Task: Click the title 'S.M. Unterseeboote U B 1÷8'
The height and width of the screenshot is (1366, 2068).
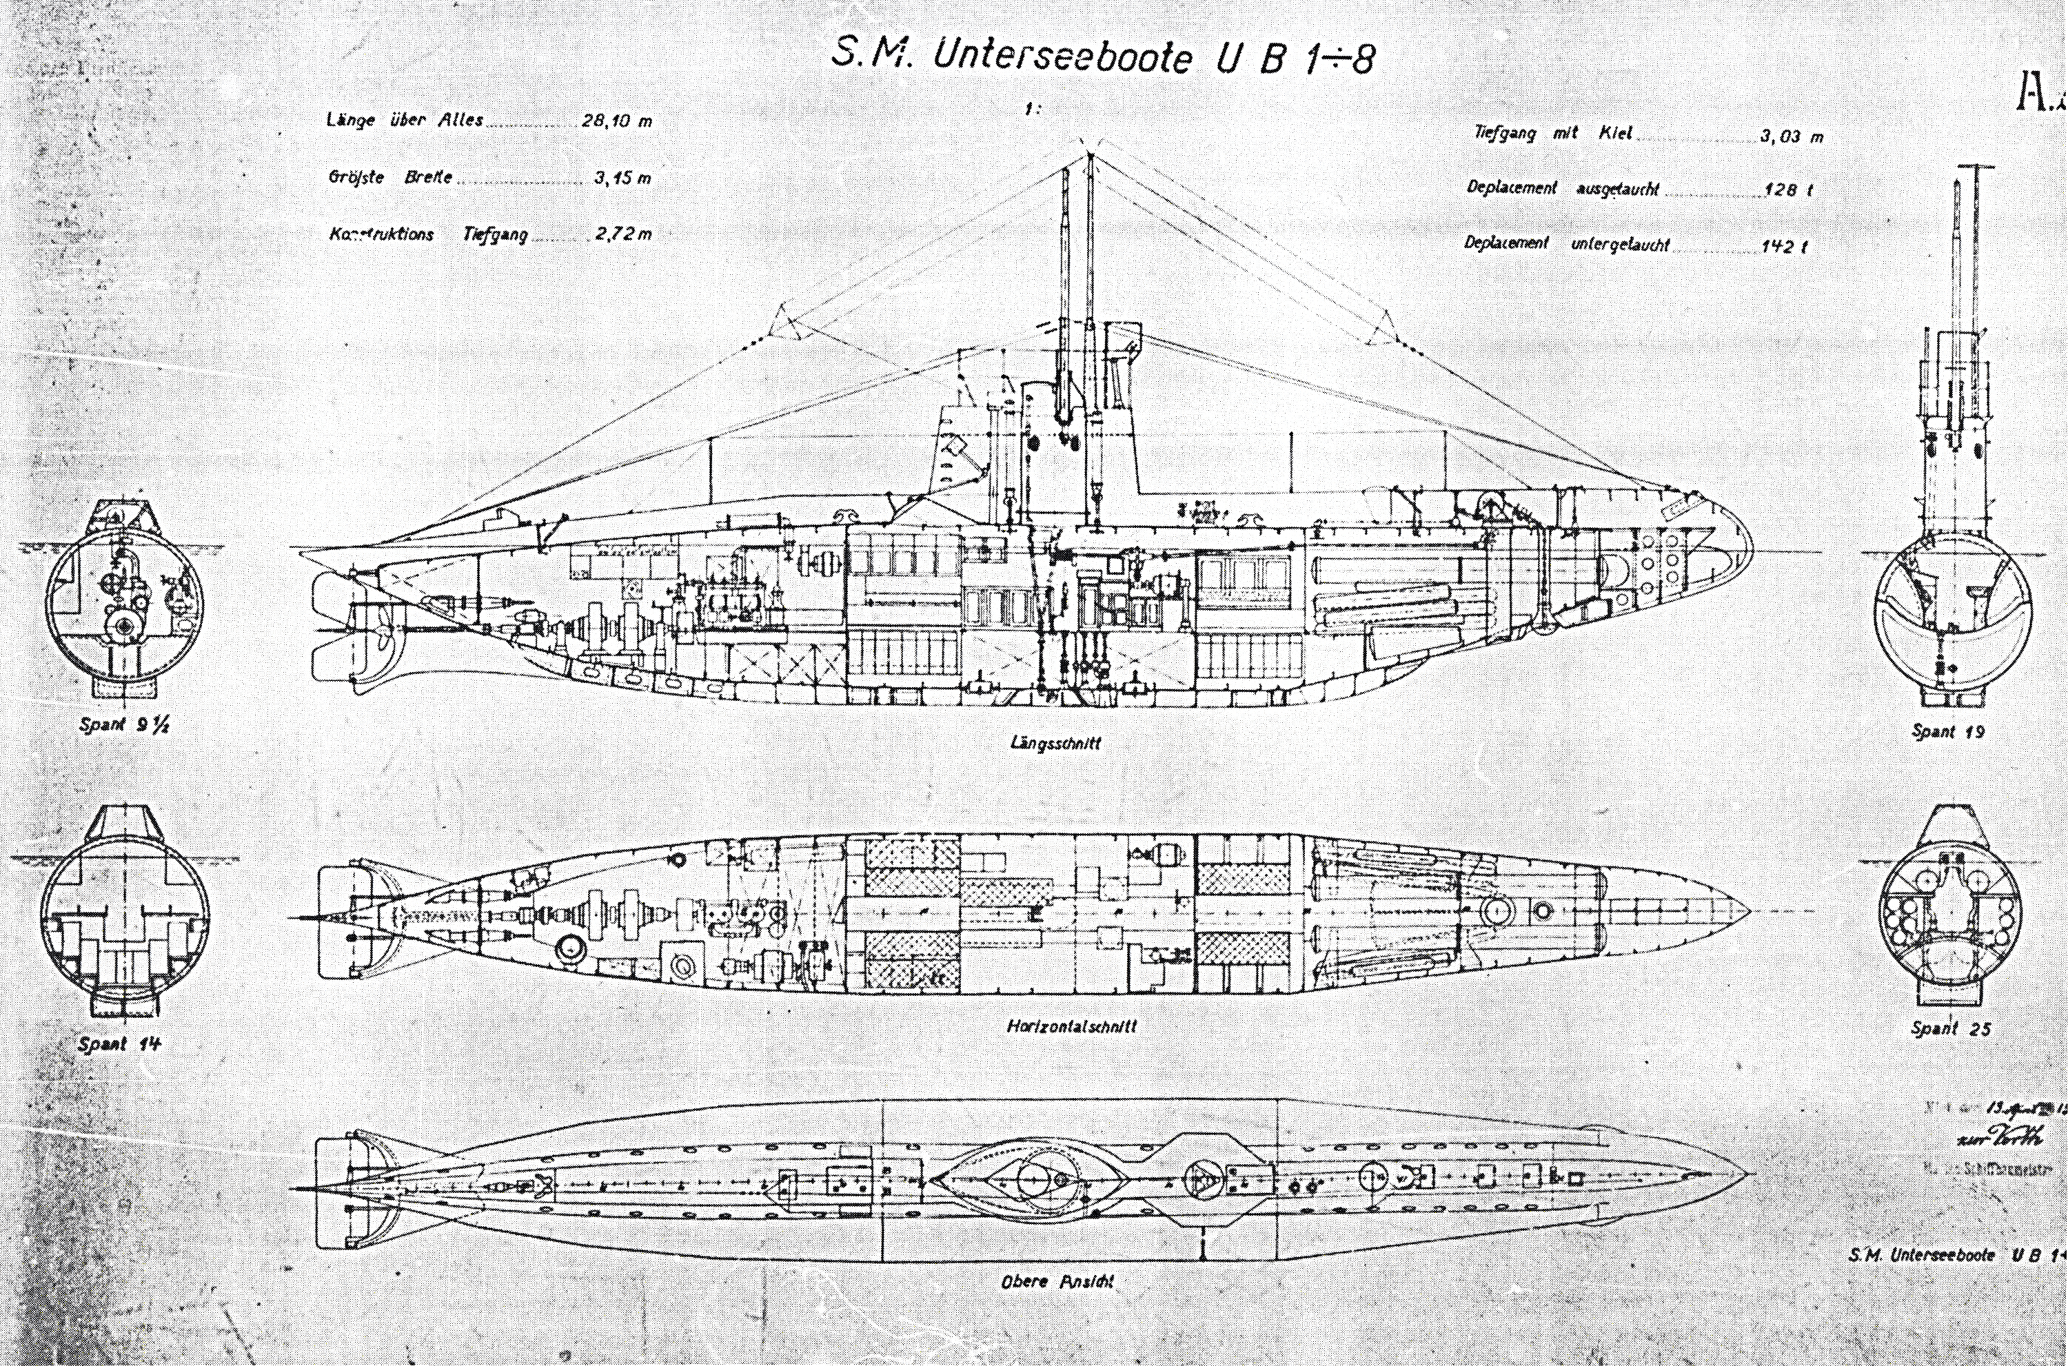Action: (1102, 57)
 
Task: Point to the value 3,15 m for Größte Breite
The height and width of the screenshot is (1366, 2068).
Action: (622, 179)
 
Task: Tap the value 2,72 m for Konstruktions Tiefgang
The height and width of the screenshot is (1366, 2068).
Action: (624, 234)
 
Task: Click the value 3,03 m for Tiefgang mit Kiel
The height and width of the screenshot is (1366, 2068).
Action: (1791, 136)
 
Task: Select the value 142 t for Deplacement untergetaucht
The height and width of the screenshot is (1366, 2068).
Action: (1783, 247)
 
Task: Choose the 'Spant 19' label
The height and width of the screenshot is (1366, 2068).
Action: (1948, 731)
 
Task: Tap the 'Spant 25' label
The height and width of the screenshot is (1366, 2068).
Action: (1950, 1028)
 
